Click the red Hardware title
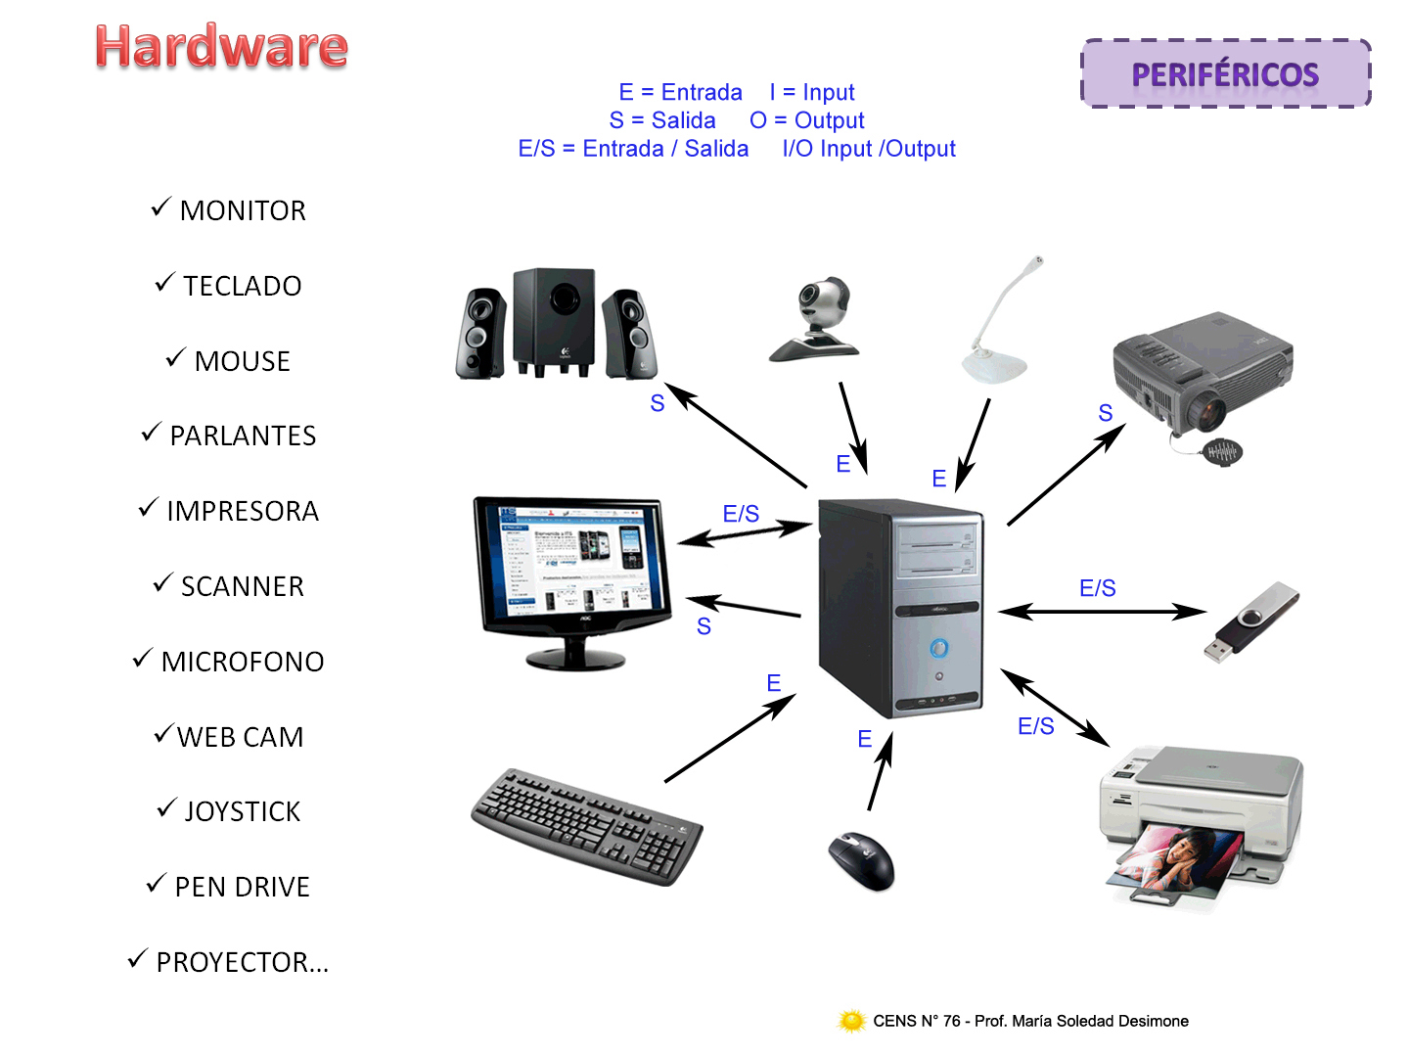[221, 47]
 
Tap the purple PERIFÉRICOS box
[1225, 74]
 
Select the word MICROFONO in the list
[243, 663]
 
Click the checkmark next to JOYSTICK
[166, 809]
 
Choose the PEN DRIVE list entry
[242, 887]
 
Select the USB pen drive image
[1251, 622]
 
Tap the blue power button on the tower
[938, 647]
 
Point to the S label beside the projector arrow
[1106, 413]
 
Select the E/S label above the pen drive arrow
[1097, 588]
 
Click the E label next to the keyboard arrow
[773, 683]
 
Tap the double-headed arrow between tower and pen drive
[1101, 613]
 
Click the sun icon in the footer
[852, 1021]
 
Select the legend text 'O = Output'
[806, 120]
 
